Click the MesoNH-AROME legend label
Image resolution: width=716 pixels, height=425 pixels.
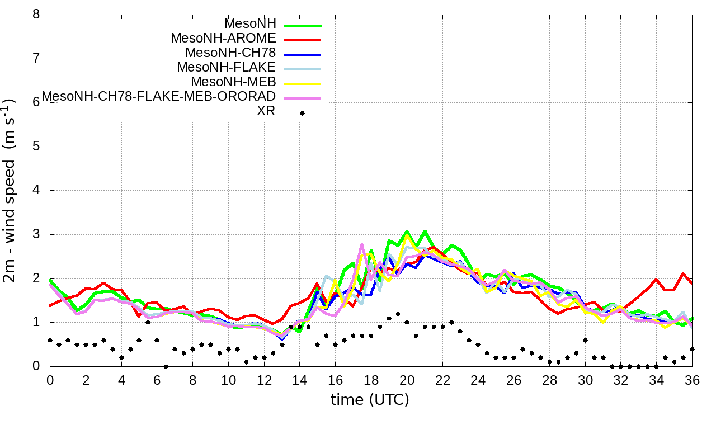[223, 39]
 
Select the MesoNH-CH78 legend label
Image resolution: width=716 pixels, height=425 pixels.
[230, 53]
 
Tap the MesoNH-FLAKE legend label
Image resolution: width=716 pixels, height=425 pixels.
[226, 68]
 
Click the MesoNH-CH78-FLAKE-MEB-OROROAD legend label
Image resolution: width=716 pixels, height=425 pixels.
[159, 96]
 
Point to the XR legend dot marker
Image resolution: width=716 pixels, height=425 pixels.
[302, 113]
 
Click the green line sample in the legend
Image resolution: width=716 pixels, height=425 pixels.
[302, 25]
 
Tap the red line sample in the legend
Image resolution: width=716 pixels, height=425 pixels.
[302, 40]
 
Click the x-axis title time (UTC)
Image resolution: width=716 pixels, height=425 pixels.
[370, 400]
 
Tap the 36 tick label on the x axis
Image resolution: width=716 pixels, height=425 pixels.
[693, 380]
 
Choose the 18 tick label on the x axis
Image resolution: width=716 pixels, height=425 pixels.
[371, 380]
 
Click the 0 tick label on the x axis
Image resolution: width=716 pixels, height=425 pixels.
[50, 380]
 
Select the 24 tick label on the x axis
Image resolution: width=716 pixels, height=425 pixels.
[478, 380]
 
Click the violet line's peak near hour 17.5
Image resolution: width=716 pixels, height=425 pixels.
[362, 244]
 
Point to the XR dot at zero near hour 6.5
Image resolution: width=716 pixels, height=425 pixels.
[166, 366]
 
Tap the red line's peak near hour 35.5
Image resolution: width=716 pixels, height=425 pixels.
[683, 273]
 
